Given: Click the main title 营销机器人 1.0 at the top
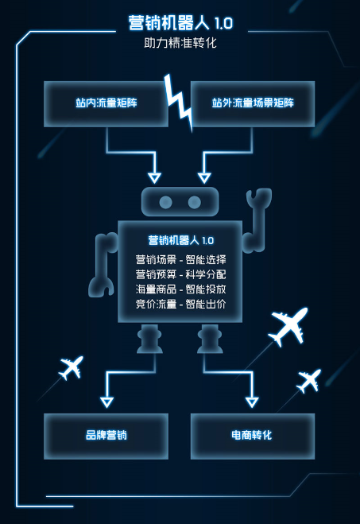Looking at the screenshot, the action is tap(180, 23).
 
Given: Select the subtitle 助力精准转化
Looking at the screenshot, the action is tap(180, 43).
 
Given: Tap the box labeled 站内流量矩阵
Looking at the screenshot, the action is tap(106, 103).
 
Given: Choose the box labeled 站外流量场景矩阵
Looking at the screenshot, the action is tap(253, 103).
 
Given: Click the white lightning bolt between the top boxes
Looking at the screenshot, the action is tap(179, 102).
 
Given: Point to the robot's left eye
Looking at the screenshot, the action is tap(165, 202).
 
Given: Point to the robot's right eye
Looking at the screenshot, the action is tap(195, 202).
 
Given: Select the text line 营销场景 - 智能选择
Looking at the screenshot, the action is tap(180, 260).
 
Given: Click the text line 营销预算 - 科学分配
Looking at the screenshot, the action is tap(180, 274).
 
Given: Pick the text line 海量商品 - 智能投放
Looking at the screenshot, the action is tap(180, 289).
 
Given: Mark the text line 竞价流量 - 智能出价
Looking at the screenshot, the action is tap(180, 304).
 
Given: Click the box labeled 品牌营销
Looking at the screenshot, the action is tap(106, 436).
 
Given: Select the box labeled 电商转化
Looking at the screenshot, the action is tap(253, 436).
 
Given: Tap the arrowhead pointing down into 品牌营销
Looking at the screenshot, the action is tap(106, 402).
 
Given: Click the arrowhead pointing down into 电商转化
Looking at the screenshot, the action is tap(252, 402).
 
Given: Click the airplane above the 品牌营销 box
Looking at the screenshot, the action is tap(72, 367).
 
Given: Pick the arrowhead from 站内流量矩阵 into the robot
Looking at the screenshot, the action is tap(154, 178).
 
